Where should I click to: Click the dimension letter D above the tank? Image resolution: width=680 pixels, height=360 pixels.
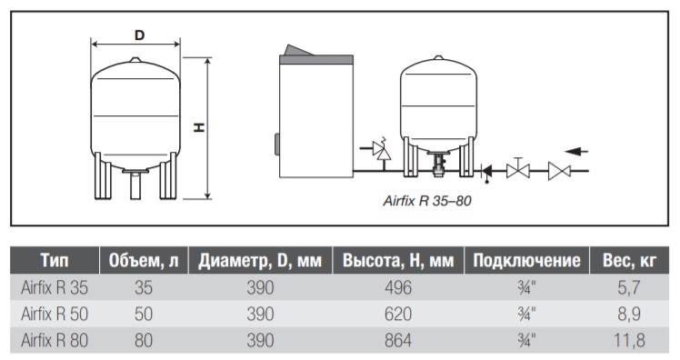point(139,35)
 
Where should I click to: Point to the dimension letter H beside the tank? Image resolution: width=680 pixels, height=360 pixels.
point(199,127)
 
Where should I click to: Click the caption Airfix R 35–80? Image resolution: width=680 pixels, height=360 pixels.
point(427,201)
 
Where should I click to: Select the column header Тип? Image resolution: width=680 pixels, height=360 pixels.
point(55,261)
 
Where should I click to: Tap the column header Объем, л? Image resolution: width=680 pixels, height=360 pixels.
point(144,261)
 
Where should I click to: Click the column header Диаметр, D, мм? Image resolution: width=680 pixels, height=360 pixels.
point(260,261)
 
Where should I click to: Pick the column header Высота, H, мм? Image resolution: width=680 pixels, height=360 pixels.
point(398,261)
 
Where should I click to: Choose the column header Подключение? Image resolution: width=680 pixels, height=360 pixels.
point(526,261)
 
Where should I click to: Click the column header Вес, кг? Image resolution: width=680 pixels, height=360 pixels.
point(629,261)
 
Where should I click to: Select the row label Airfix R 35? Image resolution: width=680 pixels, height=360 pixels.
point(55,287)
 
